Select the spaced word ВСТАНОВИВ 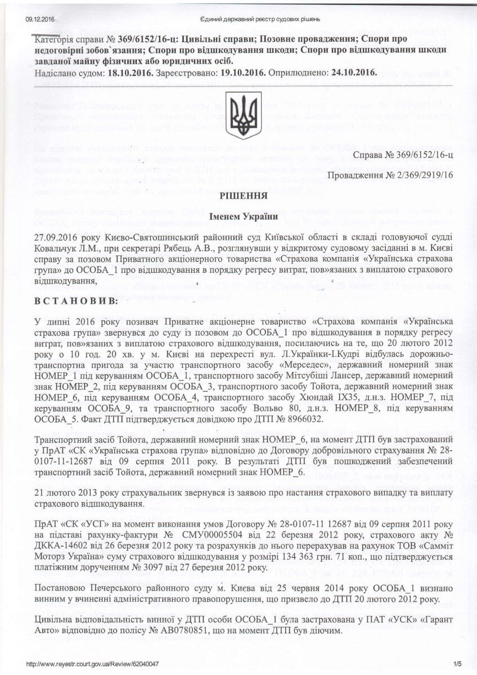[76, 301]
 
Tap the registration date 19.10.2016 [240, 73]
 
